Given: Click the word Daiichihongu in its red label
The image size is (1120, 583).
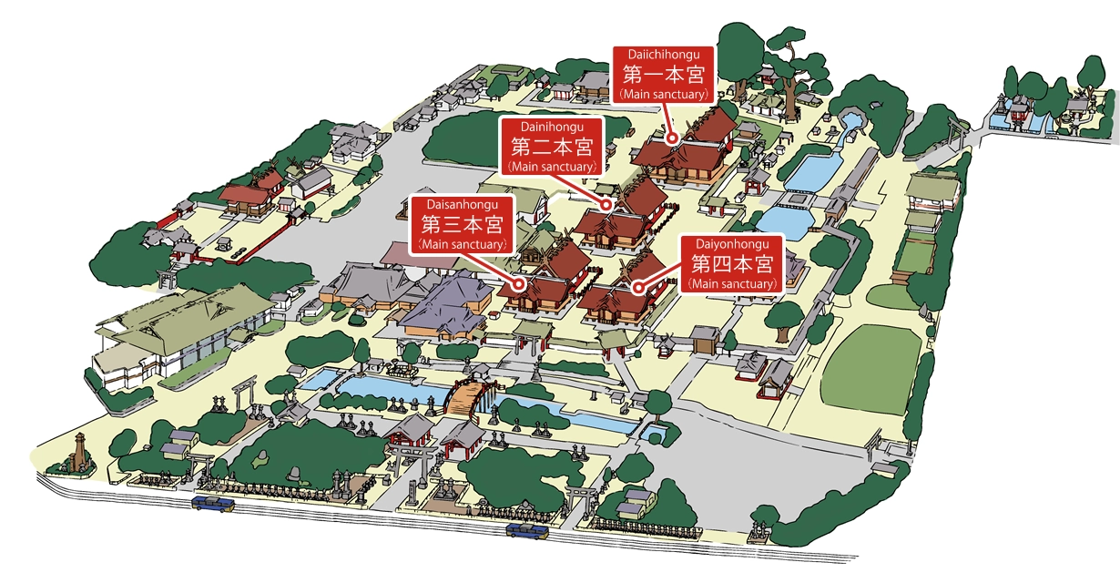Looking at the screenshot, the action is pyautogui.click(x=664, y=54).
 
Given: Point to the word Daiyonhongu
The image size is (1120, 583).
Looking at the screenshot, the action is pyautogui.click(x=732, y=244).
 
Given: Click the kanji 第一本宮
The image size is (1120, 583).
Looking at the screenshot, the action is pyautogui.click(x=664, y=73).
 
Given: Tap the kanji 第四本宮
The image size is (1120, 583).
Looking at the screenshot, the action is pyautogui.click(x=732, y=264).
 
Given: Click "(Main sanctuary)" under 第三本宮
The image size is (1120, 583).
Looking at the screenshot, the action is pyautogui.click(x=462, y=244).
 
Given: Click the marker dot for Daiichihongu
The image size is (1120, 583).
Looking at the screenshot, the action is pyautogui.click(x=673, y=138).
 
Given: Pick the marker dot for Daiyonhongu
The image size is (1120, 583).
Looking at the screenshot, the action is pyautogui.click(x=639, y=288).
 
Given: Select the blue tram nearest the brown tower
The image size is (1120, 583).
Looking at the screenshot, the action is pyautogui.click(x=212, y=503).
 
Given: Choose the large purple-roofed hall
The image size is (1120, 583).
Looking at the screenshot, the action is pyautogui.click(x=442, y=305).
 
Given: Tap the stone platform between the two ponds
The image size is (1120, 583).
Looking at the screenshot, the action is pyautogui.click(x=798, y=199).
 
